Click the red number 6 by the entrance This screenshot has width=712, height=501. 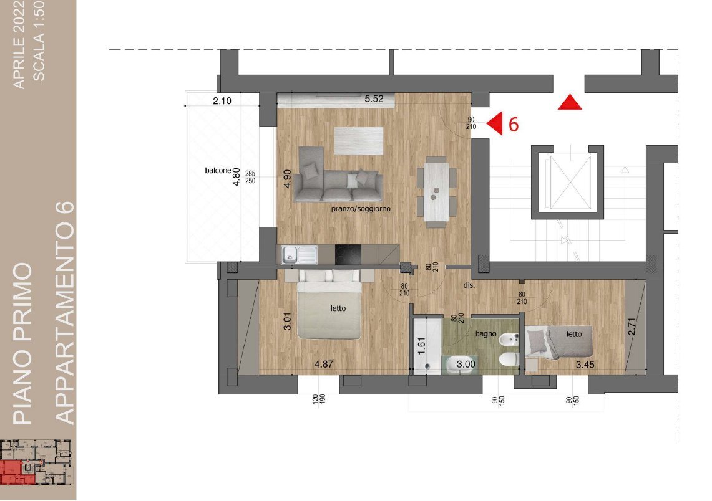click(x=513, y=124)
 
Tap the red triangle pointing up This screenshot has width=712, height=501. click(x=570, y=102)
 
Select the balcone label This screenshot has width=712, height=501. click(x=218, y=171)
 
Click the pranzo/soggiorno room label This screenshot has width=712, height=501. click(x=361, y=209)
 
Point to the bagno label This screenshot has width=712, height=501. click(x=485, y=334)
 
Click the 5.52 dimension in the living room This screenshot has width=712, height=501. click(x=374, y=98)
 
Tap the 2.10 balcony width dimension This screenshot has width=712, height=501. click(x=222, y=101)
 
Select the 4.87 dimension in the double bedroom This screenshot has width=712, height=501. click(x=324, y=364)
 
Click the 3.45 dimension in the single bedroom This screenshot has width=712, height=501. click(x=585, y=364)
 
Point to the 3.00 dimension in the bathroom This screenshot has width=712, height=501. click(x=466, y=364)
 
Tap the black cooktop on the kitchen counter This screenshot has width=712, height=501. click(x=348, y=254)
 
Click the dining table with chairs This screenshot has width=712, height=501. click(x=437, y=193)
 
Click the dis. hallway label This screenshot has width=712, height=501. click(x=469, y=285)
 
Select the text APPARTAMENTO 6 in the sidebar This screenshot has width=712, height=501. click(x=64, y=312)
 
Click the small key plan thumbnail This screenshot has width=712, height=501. click(x=36, y=462)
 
